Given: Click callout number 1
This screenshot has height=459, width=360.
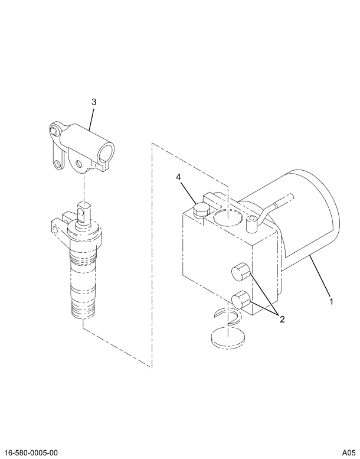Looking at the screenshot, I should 331,302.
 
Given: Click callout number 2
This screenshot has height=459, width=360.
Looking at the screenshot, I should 282,320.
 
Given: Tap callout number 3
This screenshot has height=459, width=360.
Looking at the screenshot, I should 93,102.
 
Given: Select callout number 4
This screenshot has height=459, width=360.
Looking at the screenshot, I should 178,177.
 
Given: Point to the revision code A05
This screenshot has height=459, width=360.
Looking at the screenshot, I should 347,451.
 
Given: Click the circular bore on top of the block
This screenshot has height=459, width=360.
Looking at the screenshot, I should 227,217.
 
